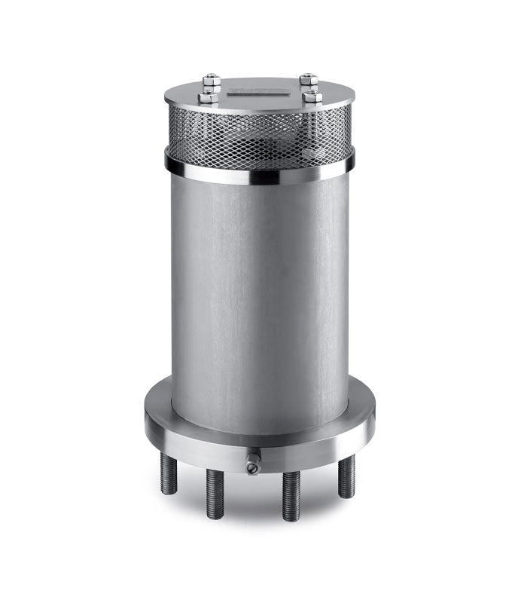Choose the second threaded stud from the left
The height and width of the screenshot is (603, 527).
[213, 494]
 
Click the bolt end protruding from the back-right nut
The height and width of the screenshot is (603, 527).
[306, 76]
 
